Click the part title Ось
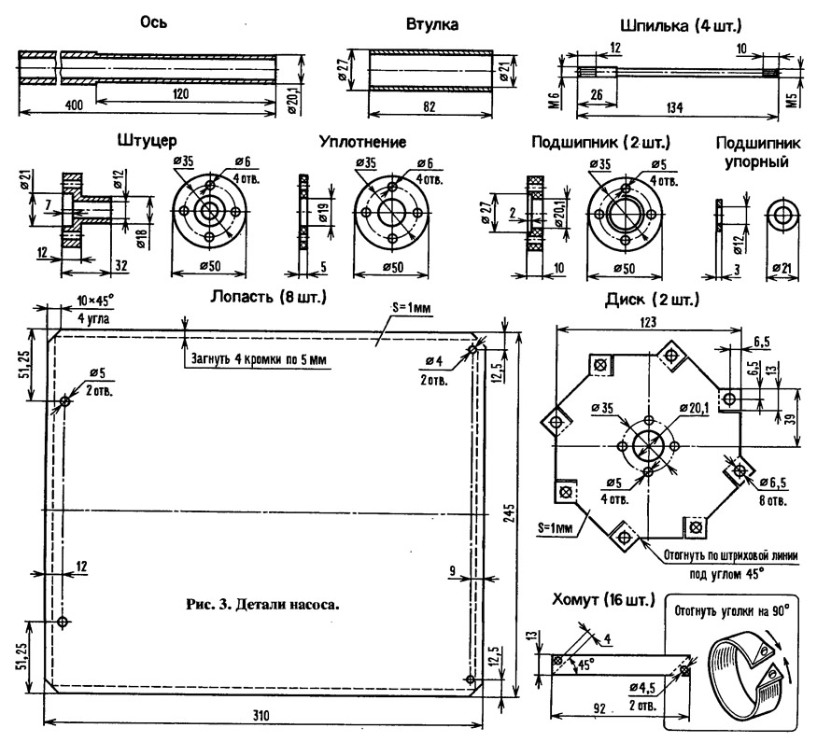154,22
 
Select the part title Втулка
432,24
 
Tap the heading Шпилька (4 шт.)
681,25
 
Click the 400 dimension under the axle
74,105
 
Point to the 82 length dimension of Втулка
430,106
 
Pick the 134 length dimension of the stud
674,107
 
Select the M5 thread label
793,98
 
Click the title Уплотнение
362,142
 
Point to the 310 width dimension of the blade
261,715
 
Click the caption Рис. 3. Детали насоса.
262,605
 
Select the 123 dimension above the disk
648,322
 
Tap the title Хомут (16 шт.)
603,600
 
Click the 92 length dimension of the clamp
599,708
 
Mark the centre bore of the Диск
648,446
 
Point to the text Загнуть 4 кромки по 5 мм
260,359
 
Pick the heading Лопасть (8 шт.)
268,297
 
